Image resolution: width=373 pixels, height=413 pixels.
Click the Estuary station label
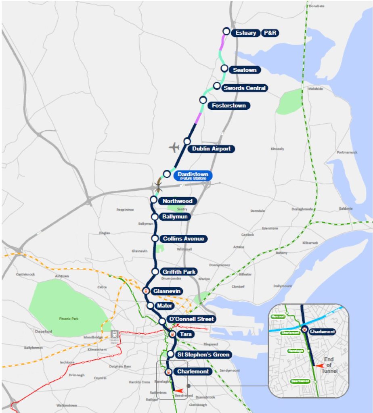click(x=245, y=33)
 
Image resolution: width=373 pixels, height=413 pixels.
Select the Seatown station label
click(x=245, y=70)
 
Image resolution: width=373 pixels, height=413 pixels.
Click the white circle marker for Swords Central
click(x=217, y=86)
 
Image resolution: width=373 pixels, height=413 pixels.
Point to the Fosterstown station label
click(x=228, y=106)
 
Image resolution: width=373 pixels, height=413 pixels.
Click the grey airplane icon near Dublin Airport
click(x=174, y=148)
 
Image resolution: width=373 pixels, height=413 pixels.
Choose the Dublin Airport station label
click(x=211, y=149)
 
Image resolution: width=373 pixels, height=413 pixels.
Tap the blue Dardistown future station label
click(x=193, y=175)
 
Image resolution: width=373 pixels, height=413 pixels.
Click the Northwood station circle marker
click(x=153, y=200)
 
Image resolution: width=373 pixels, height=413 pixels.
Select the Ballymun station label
click(x=176, y=217)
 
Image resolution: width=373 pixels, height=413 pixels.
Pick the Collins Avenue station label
click(x=184, y=239)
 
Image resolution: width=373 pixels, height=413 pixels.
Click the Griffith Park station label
click(x=179, y=272)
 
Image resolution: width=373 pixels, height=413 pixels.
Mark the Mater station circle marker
click(x=150, y=306)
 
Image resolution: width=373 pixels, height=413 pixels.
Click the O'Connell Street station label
click(x=191, y=319)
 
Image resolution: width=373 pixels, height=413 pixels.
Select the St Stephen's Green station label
click(x=203, y=355)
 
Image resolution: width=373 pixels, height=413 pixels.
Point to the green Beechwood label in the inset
click(x=300, y=381)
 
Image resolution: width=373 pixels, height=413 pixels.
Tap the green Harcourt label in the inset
click(x=279, y=317)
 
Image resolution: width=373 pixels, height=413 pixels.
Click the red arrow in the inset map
click(x=319, y=366)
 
